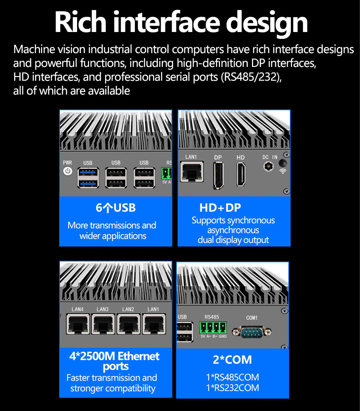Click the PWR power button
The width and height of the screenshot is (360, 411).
(x=68, y=171)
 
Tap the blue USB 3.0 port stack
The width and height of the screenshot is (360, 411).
(x=88, y=178)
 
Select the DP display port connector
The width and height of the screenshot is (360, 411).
(x=218, y=175)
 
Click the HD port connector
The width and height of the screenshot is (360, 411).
(x=241, y=175)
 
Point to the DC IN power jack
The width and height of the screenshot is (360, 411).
(x=268, y=166)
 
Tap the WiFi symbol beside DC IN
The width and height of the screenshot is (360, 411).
(x=283, y=171)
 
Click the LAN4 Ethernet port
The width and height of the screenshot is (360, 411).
(x=78, y=324)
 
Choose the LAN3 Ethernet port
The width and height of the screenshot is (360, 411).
(x=103, y=324)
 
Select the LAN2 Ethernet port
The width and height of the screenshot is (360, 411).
(x=129, y=324)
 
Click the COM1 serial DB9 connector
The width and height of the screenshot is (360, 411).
(x=252, y=332)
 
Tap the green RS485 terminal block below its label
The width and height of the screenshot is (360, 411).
(x=213, y=328)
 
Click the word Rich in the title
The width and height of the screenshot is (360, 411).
(x=80, y=23)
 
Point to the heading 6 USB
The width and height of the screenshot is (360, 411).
(x=116, y=208)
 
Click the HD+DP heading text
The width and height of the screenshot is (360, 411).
(x=220, y=208)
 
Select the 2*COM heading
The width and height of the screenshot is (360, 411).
(x=232, y=360)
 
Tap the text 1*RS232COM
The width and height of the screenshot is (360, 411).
(x=232, y=388)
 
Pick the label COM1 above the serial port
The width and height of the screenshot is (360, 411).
(x=252, y=318)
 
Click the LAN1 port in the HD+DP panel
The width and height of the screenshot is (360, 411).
(x=192, y=172)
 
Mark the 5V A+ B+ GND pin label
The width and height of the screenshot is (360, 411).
(x=213, y=336)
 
